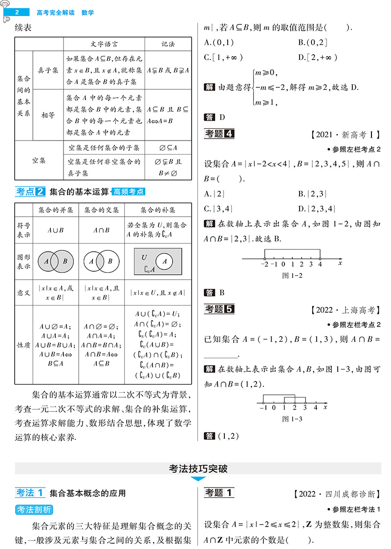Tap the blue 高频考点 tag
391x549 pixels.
(128, 192)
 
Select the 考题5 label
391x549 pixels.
(219, 309)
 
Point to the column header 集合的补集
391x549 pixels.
(158, 210)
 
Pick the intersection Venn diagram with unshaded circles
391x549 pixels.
(101, 261)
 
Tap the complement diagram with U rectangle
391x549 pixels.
(157, 262)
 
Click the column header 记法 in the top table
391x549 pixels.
(168, 44)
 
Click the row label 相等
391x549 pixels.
(48, 115)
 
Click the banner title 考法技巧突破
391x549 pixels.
(198, 469)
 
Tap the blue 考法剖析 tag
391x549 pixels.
(34, 509)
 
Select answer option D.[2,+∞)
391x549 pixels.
(318, 57)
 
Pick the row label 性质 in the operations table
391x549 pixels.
(23, 345)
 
